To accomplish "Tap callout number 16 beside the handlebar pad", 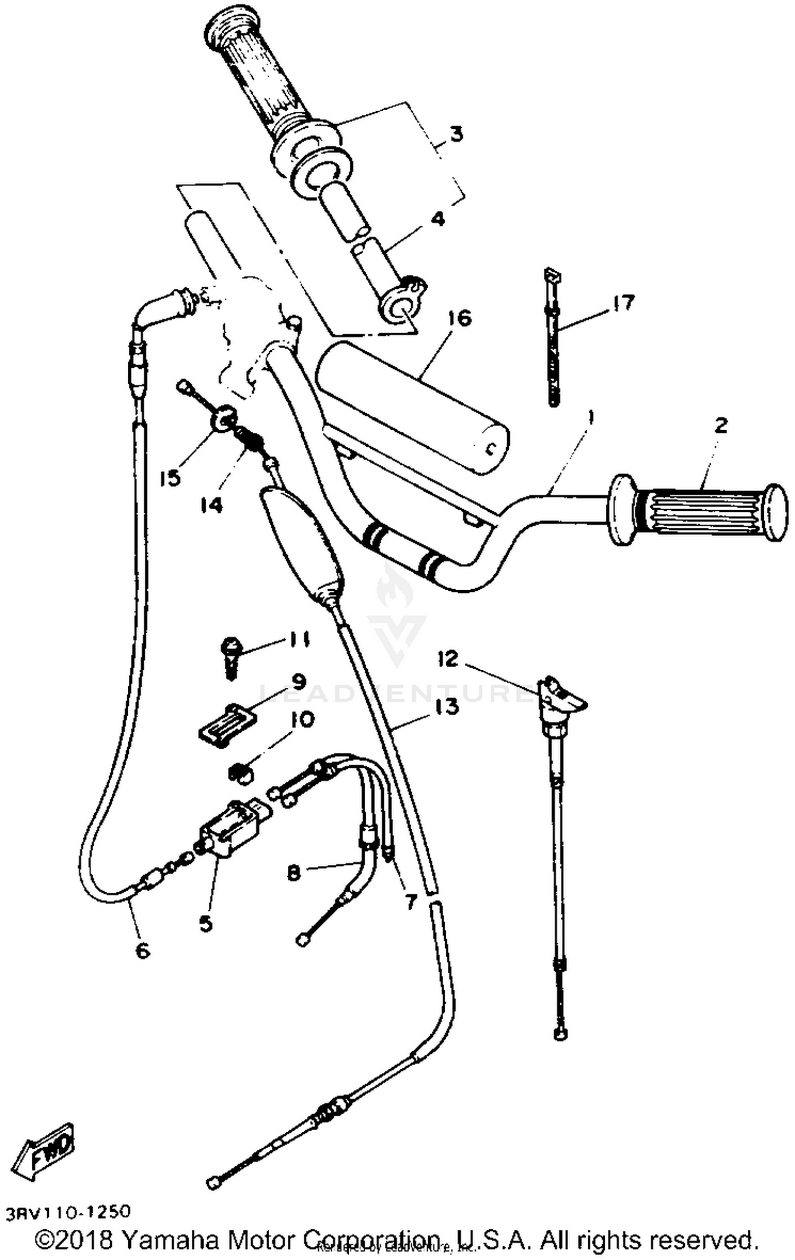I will coord(458,319).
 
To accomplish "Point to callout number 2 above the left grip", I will coord(721,425).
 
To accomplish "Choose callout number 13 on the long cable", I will coord(448,706).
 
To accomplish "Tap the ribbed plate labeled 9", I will coord(226,723).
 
